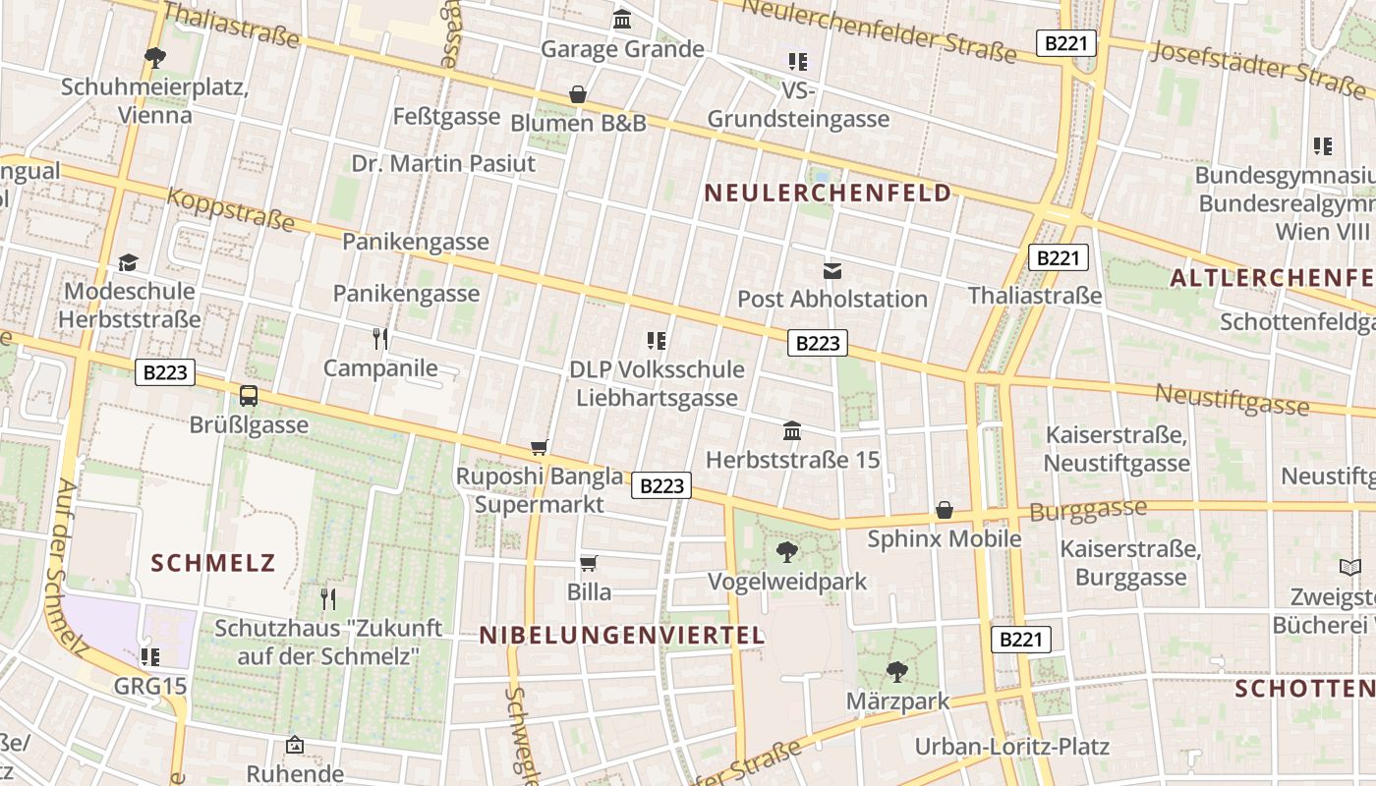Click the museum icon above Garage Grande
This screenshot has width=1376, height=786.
(622, 20)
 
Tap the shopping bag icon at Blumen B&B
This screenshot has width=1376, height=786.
(578, 94)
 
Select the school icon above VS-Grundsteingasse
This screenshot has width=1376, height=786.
(798, 62)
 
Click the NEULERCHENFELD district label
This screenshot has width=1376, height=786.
(829, 193)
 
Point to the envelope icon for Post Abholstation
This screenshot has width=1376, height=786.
(832, 270)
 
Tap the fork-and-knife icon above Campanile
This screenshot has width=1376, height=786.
(380, 339)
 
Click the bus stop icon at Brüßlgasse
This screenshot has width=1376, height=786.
(249, 396)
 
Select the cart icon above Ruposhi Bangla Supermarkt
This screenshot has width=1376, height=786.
(539, 448)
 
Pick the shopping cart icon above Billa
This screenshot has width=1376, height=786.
(589, 563)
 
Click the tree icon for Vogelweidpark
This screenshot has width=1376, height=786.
(787, 551)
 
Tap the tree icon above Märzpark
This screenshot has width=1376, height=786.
(896, 672)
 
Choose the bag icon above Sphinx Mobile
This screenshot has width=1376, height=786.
(945, 510)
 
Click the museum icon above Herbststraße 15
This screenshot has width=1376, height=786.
(792, 430)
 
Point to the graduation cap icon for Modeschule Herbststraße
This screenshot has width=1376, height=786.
(129, 262)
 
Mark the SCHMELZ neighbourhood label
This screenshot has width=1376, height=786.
(213, 563)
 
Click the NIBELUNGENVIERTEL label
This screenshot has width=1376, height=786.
(622, 636)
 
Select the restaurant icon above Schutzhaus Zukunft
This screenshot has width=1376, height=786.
(328, 598)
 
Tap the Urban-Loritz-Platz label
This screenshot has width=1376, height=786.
(1012, 747)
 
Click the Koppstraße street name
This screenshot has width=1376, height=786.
(230, 208)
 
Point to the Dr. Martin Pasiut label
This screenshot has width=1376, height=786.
(443, 163)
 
